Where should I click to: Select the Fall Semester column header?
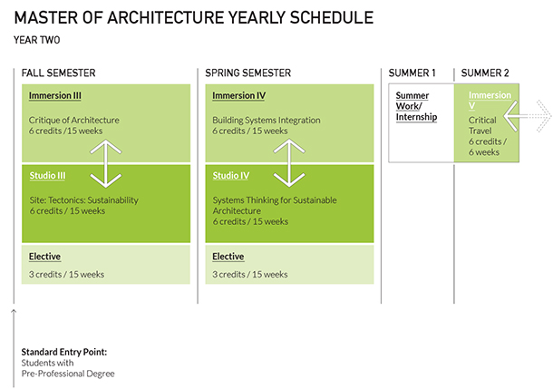click(x=59, y=73)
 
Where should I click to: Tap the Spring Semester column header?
click(x=247, y=73)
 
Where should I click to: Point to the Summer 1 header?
click(x=412, y=73)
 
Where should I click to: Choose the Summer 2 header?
click(x=486, y=73)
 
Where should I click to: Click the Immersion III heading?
click(x=56, y=96)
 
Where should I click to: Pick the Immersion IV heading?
click(x=239, y=96)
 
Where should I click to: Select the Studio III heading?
click(x=46, y=176)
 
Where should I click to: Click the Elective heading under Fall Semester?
click(x=44, y=257)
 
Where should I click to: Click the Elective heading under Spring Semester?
click(x=228, y=257)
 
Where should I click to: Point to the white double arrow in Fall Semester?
click(x=106, y=163)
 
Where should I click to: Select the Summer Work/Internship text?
click(x=415, y=106)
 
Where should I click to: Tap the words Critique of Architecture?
click(x=73, y=120)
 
